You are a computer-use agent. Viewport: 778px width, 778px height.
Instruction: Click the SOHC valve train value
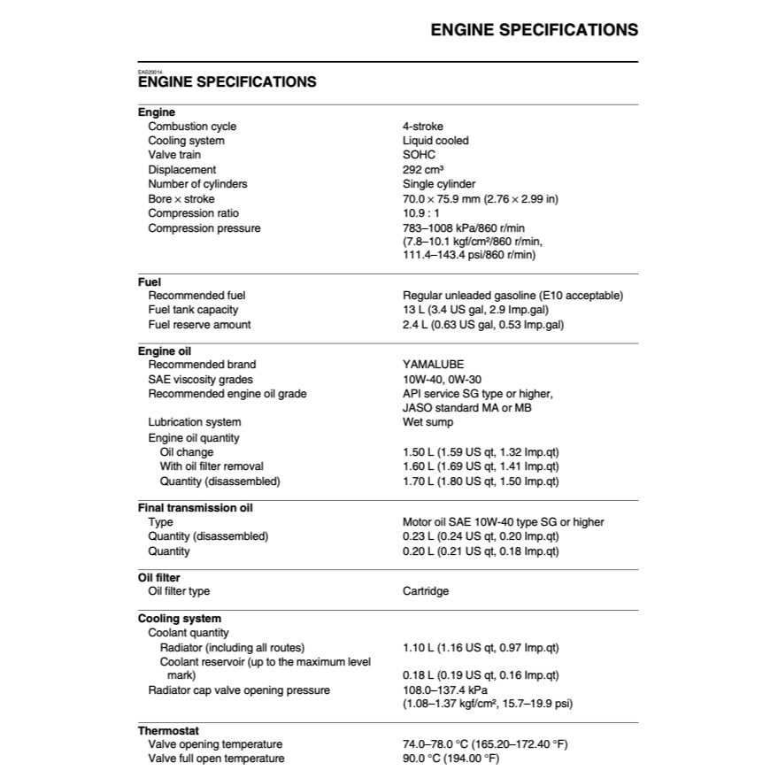click(419, 155)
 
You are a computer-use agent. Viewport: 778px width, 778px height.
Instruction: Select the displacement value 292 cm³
click(423, 169)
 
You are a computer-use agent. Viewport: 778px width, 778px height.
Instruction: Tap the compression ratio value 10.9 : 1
click(422, 213)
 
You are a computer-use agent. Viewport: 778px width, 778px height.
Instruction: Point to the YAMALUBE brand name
click(433, 365)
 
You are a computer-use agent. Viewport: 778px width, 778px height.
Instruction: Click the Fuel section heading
click(149, 282)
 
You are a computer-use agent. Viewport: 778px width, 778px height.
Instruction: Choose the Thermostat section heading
click(168, 730)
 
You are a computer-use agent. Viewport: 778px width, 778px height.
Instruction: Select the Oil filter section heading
click(159, 578)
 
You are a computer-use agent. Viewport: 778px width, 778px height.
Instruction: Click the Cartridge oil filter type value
click(426, 591)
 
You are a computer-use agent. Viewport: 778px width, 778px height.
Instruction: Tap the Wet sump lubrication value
click(428, 422)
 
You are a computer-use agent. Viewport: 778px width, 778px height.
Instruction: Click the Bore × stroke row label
click(181, 199)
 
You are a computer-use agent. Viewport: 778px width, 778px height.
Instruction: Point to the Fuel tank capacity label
click(193, 310)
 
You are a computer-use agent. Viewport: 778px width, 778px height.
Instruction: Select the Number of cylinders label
click(197, 184)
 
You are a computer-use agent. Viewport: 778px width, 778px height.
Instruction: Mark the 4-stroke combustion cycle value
click(423, 127)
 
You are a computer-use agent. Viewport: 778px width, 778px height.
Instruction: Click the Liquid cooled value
click(435, 141)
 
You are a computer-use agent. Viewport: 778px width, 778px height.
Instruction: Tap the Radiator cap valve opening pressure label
click(239, 690)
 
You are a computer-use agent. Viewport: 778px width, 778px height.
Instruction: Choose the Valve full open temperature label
click(216, 759)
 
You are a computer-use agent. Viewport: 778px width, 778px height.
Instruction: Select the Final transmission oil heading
click(195, 508)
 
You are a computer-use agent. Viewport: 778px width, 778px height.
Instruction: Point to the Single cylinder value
click(439, 184)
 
